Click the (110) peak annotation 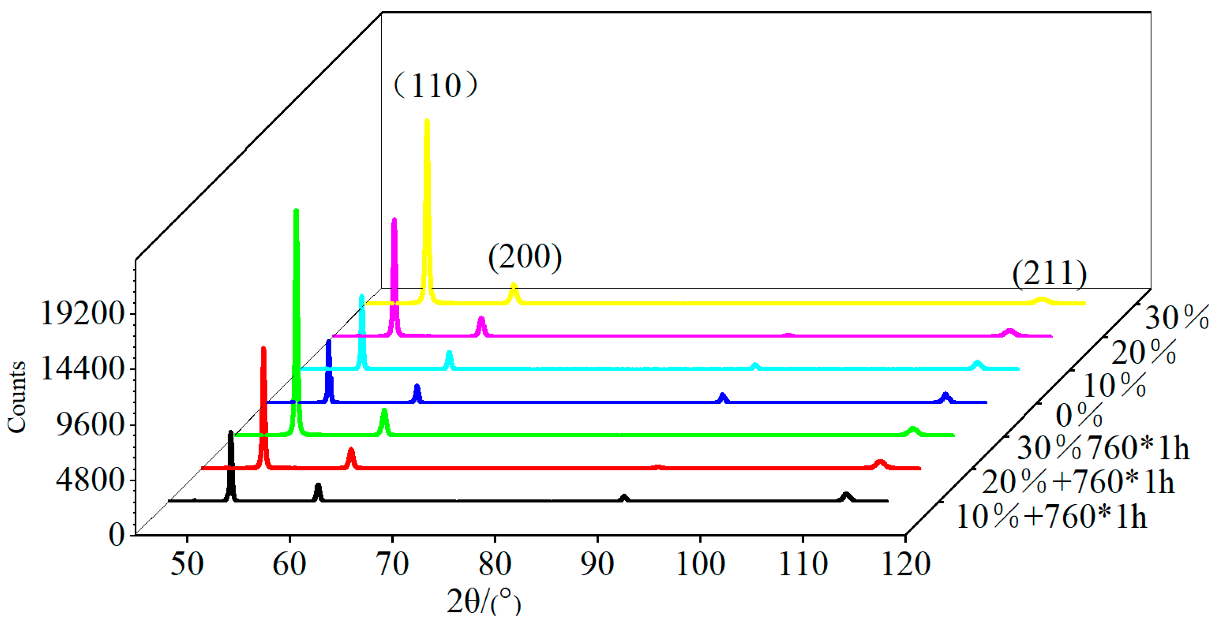[x=435, y=86]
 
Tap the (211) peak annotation [x=1049, y=273]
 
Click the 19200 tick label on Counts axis [x=83, y=313]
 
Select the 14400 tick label [x=83, y=368]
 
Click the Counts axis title [x=17, y=397]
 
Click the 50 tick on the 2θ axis [x=187, y=564]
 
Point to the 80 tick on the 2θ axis [x=495, y=564]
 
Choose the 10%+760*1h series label [x=1051, y=517]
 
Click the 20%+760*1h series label [x=1078, y=482]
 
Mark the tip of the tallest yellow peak [x=427, y=121]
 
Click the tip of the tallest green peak [x=296, y=211]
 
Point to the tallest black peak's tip [x=231, y=433]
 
